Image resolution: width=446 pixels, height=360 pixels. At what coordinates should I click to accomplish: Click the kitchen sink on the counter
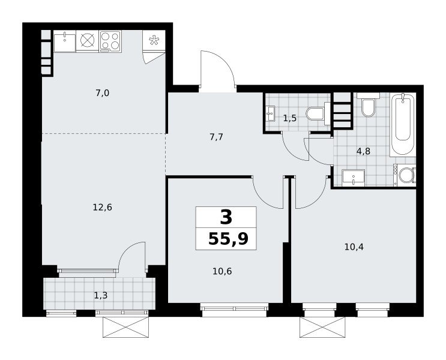click(x=65, y=41)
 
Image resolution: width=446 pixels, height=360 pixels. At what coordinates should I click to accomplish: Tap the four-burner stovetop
click(x=110, y=41)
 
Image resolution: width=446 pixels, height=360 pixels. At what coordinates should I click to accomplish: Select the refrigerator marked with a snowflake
click(x=154, y=40)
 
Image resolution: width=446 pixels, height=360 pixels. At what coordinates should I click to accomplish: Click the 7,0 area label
click(x=103, y=93)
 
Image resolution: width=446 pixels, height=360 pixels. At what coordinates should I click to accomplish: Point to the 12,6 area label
click(x=103, y=208)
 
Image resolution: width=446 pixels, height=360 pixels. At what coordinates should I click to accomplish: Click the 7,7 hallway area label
click(x=216, y=137)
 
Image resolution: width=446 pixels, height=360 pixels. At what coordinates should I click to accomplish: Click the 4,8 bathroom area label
click(x=363, y=151)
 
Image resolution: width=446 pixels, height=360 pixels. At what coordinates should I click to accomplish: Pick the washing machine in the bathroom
click(x=405, y=175)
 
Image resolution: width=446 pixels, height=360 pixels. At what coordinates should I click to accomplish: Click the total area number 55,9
click(x=229, y=239)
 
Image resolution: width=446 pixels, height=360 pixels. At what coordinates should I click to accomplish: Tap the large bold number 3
click(x=226, y=218)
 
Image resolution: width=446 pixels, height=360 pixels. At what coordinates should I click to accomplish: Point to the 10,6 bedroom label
click(x=222, y=272)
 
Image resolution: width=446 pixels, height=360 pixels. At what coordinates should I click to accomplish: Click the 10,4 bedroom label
click(x=354, y=247)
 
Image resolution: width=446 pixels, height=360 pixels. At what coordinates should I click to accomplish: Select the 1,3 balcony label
click(x=101, y=296)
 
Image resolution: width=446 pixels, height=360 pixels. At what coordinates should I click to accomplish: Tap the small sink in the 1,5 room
click(x=270, y=114)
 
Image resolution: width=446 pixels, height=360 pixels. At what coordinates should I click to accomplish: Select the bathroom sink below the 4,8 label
click(x=354, y=178)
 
